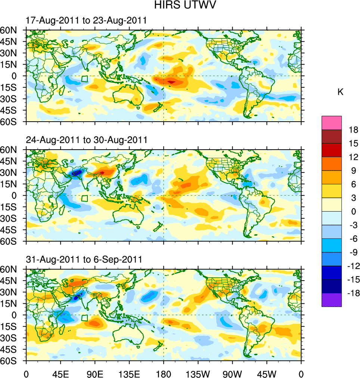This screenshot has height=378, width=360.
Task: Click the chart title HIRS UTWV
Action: pos(180,5)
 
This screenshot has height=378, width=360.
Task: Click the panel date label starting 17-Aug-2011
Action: pos(86,21)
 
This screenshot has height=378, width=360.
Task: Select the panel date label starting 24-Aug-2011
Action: pos(87,140)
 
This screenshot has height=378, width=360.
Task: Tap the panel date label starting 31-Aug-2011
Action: pos(84,259)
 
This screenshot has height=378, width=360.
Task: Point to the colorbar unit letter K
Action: pos(340,92)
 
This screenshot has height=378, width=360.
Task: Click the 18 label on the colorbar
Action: pos(354,130)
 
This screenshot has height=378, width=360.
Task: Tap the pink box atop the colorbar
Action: pos(332,122)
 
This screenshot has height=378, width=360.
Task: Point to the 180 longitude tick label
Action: pos(164,373)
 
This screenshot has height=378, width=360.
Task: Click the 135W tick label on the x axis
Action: pos(198,373)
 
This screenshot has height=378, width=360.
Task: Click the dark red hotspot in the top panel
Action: pos(171,82)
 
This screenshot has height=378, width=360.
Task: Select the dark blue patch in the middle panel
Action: pos(77,173)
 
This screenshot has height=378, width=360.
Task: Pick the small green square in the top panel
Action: pos(85,79)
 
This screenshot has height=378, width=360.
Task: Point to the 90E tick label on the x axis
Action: pos(95,373)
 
